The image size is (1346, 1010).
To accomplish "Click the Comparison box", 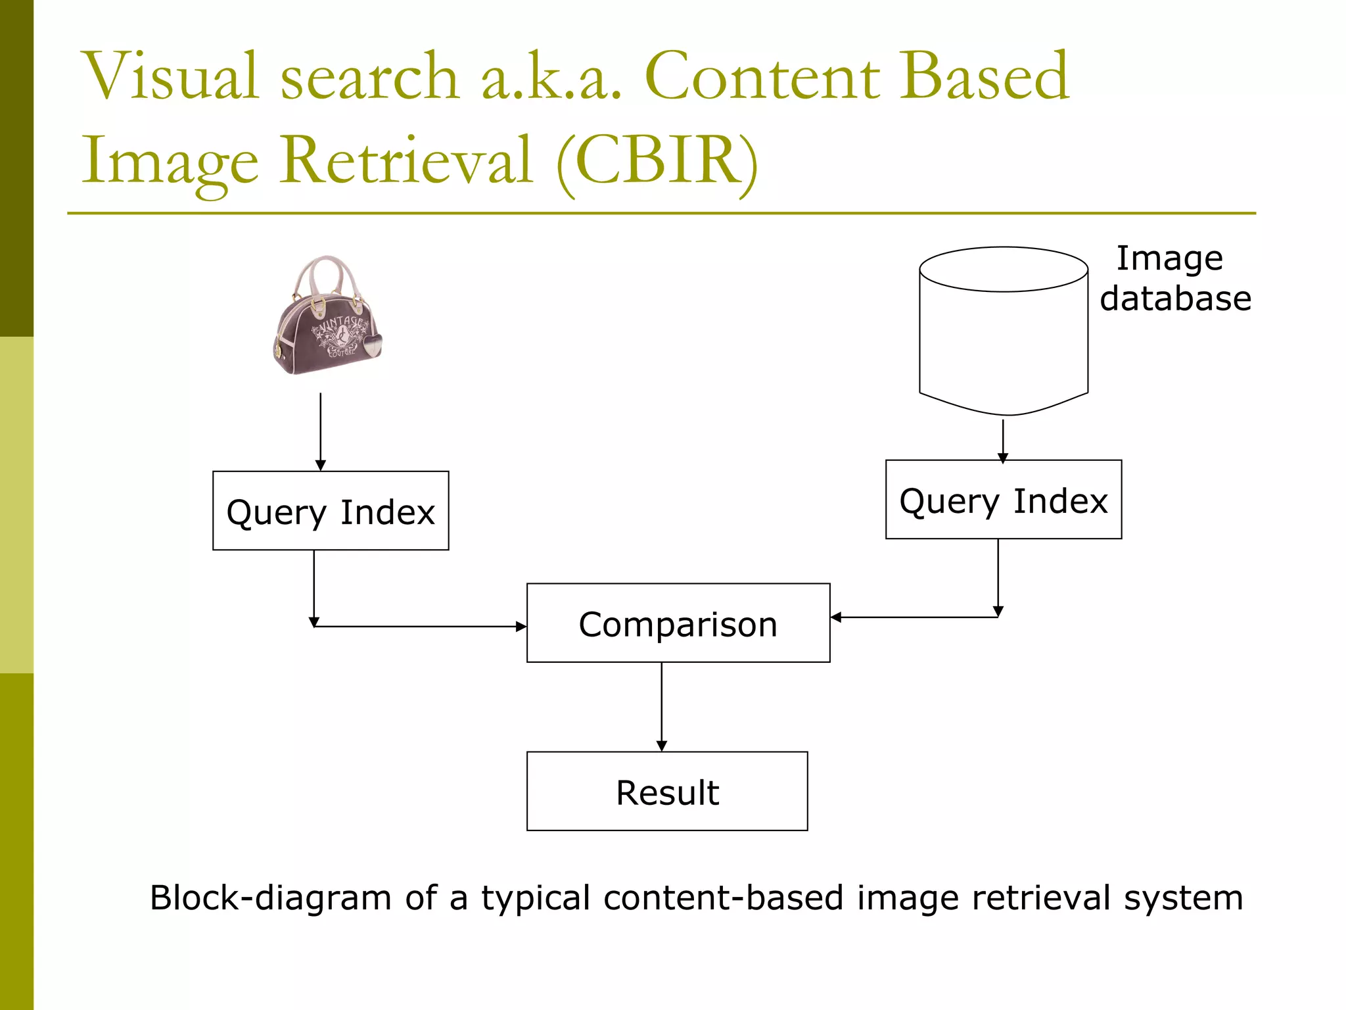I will coord(678,623).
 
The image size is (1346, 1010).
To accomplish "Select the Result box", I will coord(666,791).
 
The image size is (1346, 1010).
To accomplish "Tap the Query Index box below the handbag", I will coord(331,511).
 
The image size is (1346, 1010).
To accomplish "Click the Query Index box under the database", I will coord(1003,500).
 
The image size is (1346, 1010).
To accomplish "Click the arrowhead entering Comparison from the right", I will coord(836,617).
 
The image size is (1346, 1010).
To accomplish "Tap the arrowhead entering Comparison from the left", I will coord(521,627).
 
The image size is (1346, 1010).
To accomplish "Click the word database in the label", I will coord(1175,299).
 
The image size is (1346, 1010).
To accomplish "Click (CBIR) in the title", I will coord(657,161).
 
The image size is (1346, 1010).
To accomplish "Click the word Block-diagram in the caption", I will coord(270,898).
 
